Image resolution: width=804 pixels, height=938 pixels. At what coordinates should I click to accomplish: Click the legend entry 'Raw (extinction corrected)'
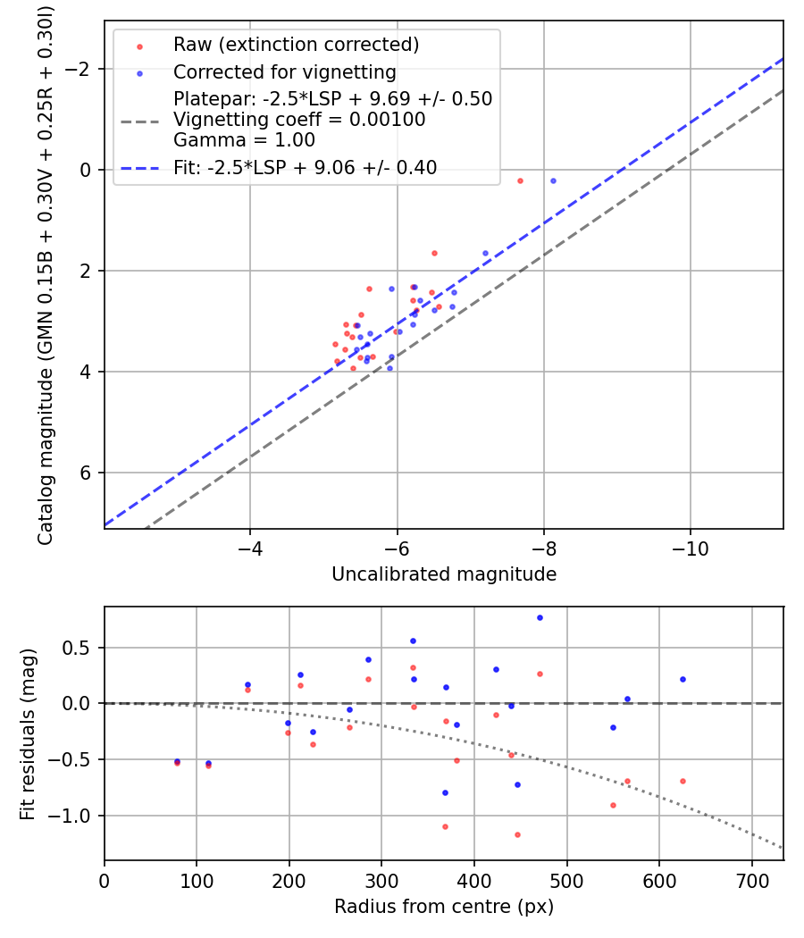[296, 45]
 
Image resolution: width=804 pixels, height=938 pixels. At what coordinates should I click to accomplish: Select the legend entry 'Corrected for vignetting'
[284, 71]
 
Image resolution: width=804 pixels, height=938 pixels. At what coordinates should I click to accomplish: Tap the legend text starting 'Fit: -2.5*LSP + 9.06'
[305, 168]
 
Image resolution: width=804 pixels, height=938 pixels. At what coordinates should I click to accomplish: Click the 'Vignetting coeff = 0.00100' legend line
[299, 120]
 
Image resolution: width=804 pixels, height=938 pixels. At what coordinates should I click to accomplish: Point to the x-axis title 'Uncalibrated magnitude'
[444, 574]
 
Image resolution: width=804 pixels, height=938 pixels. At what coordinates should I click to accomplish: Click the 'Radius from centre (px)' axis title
[444, 907]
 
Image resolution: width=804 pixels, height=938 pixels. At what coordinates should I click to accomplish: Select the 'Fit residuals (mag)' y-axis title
[28, 733]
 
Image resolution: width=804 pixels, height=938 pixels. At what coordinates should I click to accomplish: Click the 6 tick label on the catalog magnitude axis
[88, 473]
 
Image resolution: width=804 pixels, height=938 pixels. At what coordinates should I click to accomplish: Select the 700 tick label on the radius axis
[751, 879]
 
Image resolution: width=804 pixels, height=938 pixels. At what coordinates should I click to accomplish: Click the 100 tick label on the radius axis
[197, 879]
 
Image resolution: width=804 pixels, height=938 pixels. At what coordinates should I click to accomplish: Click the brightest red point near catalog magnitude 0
[520, 180]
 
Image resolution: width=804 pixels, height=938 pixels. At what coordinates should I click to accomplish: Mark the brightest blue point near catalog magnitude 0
[553, 180]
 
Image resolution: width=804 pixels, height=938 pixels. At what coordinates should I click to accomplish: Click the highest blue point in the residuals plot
[540, 617]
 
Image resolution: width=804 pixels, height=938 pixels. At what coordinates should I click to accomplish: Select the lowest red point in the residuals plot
[517, 834]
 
